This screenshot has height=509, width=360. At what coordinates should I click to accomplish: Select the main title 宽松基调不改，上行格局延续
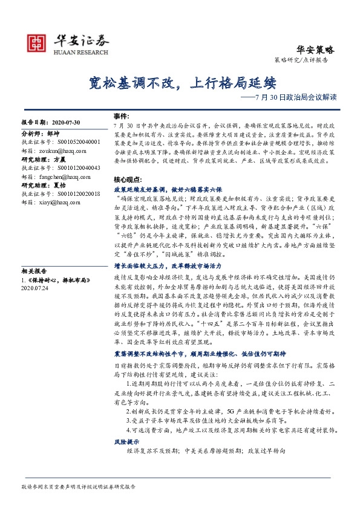pyautogui.click(x=179, y=82)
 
